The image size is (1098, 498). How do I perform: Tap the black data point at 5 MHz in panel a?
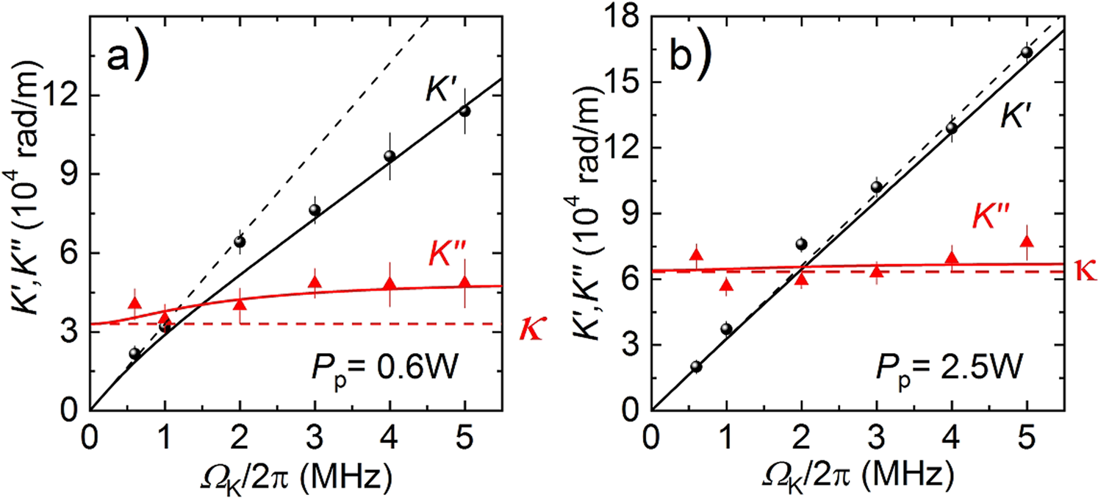464,111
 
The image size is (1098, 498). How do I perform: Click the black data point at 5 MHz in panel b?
1027,52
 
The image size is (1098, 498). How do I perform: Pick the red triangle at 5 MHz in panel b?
1027,241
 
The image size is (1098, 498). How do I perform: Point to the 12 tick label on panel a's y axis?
63,96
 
